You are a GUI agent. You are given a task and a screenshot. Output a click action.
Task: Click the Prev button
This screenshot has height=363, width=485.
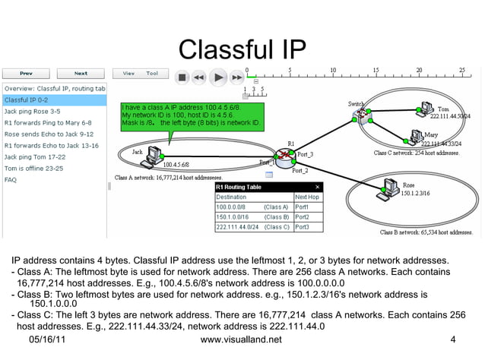(26, 74)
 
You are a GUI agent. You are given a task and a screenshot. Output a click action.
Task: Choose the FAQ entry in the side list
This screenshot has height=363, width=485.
(11, 180)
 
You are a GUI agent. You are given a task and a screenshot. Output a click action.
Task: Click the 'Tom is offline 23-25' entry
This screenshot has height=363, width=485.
(33, 168)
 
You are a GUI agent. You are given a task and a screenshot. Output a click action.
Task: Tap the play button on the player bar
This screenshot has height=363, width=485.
(218, 77)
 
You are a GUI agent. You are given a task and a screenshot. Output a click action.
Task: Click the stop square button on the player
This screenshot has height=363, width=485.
(182, 77)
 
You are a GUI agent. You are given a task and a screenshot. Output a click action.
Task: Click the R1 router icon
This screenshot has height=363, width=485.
(284, 157)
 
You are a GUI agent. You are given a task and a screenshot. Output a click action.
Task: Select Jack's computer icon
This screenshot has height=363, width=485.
(156, 153)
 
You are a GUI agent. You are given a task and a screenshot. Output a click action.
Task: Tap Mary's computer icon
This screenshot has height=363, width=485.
(416, 137)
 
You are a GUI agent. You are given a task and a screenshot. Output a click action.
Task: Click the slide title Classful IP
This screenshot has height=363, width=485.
(242, 50)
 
